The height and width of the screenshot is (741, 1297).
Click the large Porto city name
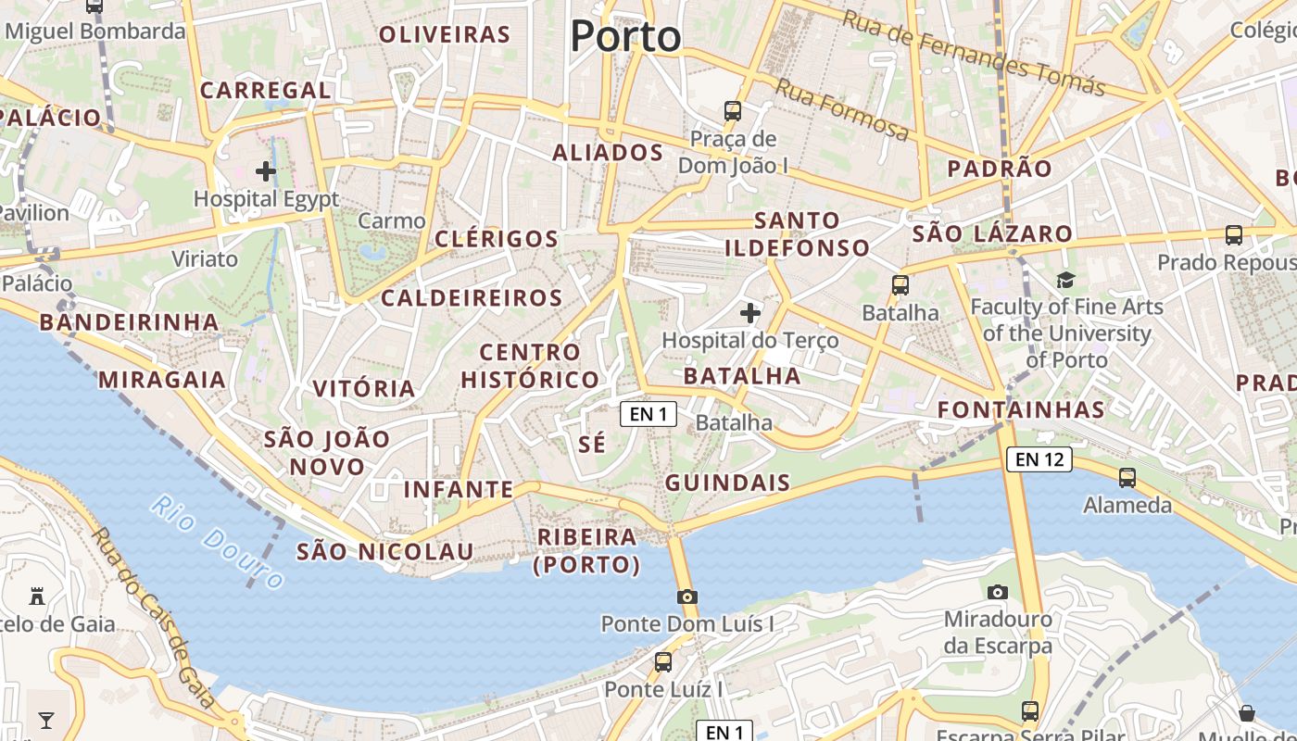click(x=625, y=37)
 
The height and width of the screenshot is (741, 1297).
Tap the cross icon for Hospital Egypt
click(x=266, y=170)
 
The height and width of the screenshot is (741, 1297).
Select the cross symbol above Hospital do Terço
click(x=750, y=313)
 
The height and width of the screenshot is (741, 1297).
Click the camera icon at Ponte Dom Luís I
click(x=686, y=597)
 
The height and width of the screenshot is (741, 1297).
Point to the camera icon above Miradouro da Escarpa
click(x=998, y=592)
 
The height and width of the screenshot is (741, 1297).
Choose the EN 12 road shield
click(x=1039, y=458)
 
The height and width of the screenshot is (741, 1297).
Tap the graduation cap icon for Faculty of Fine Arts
click(x=1066, y=280)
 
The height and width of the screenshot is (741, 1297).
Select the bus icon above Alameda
click(x=1127, y=478)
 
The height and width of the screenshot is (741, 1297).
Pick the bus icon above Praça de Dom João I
click(x=733, y=111)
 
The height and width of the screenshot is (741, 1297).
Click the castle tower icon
click(x=38, y=596)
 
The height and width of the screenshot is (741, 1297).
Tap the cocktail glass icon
click(x=45, y=720)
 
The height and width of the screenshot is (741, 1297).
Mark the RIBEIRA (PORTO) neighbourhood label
click(x=587, y=550)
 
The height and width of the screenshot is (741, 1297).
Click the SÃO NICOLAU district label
click(x=384, y=552)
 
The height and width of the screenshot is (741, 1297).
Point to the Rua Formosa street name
click(x=841, y=110)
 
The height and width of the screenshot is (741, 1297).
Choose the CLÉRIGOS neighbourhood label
click(x=497, y=238)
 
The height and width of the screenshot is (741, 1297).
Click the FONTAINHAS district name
click(x=1021, y=409)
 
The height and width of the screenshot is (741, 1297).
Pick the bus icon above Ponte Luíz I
click(x=663, y=662)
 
